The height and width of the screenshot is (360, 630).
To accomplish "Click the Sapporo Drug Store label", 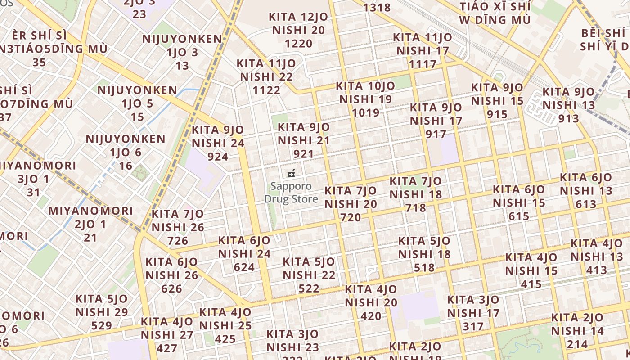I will pos(291,193).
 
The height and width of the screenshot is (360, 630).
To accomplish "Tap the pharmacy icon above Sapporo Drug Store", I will pos(291,173).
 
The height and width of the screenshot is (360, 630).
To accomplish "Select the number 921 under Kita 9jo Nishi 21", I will pos(303,154).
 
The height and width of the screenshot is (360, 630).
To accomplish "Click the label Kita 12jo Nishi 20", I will pos(298,23).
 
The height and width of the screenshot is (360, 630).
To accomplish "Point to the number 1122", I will pos(266,90).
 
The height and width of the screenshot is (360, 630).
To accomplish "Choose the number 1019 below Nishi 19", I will pos(365,112).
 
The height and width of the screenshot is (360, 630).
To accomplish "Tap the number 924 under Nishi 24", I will pos(218,157).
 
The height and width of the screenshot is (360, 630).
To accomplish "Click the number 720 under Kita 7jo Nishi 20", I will pos(351,218).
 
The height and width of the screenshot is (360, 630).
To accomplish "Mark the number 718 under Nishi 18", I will pos(415,208).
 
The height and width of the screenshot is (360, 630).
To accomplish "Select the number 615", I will pos(519,216).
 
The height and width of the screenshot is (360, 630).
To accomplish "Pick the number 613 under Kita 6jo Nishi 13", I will pos(586,204).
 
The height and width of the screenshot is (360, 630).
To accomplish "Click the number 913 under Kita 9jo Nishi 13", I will pos(568,119).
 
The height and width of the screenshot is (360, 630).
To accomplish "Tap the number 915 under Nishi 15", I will pos(497,114).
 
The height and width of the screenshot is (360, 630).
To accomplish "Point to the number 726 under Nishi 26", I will pos(178,241).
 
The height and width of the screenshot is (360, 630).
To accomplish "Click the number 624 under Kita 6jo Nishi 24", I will pos(244,267).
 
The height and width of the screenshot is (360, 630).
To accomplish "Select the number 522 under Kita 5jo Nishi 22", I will pos(309,288).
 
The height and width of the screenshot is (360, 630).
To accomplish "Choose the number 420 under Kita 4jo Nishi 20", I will pos(371,316).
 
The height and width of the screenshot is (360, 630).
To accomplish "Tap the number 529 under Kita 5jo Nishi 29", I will pos(101,325).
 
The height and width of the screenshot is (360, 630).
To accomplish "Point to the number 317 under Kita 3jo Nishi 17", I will pos(473,326).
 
